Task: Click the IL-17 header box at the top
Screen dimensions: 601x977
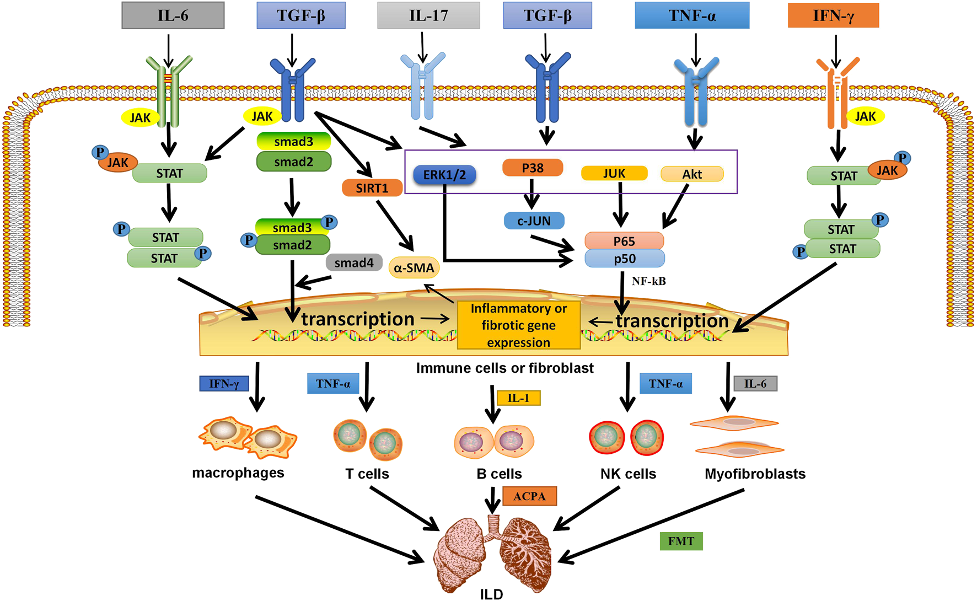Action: click(428, 15)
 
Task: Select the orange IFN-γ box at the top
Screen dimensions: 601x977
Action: click(833, 15)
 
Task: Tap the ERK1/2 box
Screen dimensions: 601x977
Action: click(444, 175)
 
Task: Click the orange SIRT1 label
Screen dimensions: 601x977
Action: click(372, 188)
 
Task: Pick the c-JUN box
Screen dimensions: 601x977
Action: click(534, 221)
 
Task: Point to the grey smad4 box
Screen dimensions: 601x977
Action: click(354, 263)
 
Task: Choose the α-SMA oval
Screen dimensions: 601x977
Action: click(414, 268)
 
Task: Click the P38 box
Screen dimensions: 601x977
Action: click(533, 168)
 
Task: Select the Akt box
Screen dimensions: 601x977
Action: click(692, 174)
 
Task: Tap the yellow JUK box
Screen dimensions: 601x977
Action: click(614, 174)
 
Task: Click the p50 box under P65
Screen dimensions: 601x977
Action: click(625, 259)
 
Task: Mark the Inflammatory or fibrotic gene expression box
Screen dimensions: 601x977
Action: click(518, 325)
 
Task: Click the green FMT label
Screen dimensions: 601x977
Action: click(681, 541)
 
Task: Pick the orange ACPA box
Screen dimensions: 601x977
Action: click(529, 496)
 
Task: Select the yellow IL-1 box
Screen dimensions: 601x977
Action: click(518, 398)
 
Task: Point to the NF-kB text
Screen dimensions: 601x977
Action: click(648, 281)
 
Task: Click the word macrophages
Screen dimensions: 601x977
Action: click(238, 473)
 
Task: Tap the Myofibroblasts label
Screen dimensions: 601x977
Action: click(755, 474)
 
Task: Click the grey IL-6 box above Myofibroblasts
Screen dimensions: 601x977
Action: click(755, 384)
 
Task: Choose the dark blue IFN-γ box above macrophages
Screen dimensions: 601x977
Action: click(224, 384)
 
